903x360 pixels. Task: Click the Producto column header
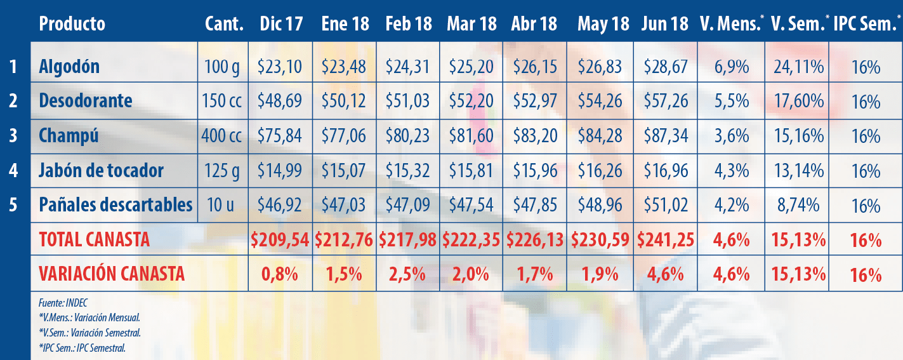(x=72, y=24)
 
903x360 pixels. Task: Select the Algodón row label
(x=69, y=67)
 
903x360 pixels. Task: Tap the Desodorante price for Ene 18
(x=344, y=101)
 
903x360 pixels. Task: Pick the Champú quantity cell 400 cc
(x=222, y=136)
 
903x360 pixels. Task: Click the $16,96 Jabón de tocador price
(x=665, y=170)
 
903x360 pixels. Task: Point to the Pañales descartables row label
(x=115, y=204)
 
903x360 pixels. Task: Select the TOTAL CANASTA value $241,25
(x=665, y=239)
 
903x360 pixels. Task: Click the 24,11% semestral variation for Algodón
(x=798, y=67)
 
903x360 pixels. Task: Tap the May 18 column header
(x=603, y=24)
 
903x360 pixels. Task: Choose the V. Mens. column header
(x=731, y=24)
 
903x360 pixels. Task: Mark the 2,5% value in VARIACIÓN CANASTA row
(x=407, y=274)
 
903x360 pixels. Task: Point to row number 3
(x=13, y=136)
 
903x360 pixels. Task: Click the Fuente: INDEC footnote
(x=58, y=303)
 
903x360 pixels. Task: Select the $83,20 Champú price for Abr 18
(x=534, y=136)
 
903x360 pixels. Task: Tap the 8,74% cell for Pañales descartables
(x=798, y=204)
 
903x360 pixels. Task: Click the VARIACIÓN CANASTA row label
(x=112, y=274)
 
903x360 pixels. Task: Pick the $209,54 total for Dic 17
(x=280, y=239)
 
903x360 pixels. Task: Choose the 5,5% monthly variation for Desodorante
(x=731, y=101)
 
